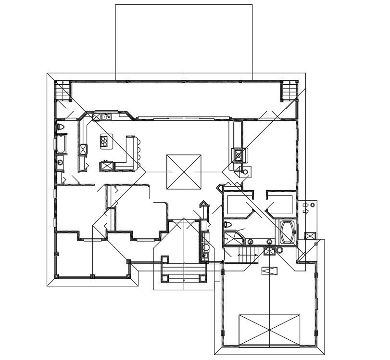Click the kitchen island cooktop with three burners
pos(104,141)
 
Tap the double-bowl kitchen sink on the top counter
pos(105,116)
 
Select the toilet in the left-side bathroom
pos(61,127)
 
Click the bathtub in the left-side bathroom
pos(61,144)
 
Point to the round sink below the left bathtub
pos(60,162)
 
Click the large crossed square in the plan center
pos(184,172)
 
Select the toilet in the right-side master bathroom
pos(228,225)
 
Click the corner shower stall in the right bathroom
pos(234,239)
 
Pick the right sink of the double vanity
pos(269,241)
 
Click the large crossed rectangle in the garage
pos(269,330)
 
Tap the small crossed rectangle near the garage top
pos(269,270)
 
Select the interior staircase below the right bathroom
pos(248,254)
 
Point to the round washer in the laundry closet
pos(206,247)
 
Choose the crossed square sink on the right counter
pos(239,155)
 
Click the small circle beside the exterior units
pos(313,206)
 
